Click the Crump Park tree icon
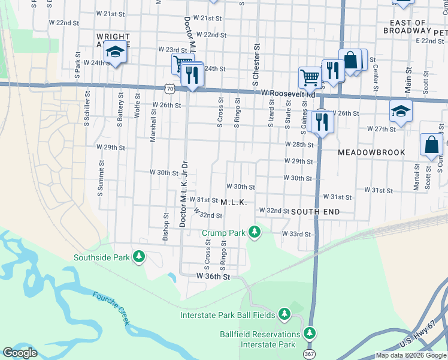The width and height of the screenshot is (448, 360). [x=255, y=232]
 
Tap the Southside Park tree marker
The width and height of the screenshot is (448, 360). [x=139, y=257]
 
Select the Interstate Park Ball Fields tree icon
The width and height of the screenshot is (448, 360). [x=284, y=314]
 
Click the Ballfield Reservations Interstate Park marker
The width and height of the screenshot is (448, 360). [x=310, y=333]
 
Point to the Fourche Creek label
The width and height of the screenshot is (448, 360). [x=111, y=308]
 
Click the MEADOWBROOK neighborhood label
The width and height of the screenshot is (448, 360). [x=371, y=152]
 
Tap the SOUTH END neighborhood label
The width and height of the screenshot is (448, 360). [x=316, y=212]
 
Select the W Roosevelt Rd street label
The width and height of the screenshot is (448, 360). [x=288, y=94]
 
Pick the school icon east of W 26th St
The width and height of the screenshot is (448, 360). [x=401, y=110]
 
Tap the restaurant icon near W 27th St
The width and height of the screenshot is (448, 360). [x=322, y=122]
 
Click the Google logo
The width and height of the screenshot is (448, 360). [x=20, y=353]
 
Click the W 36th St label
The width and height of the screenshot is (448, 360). [x=213, y=277]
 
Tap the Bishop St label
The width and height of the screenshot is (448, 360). [x=165, y=227]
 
